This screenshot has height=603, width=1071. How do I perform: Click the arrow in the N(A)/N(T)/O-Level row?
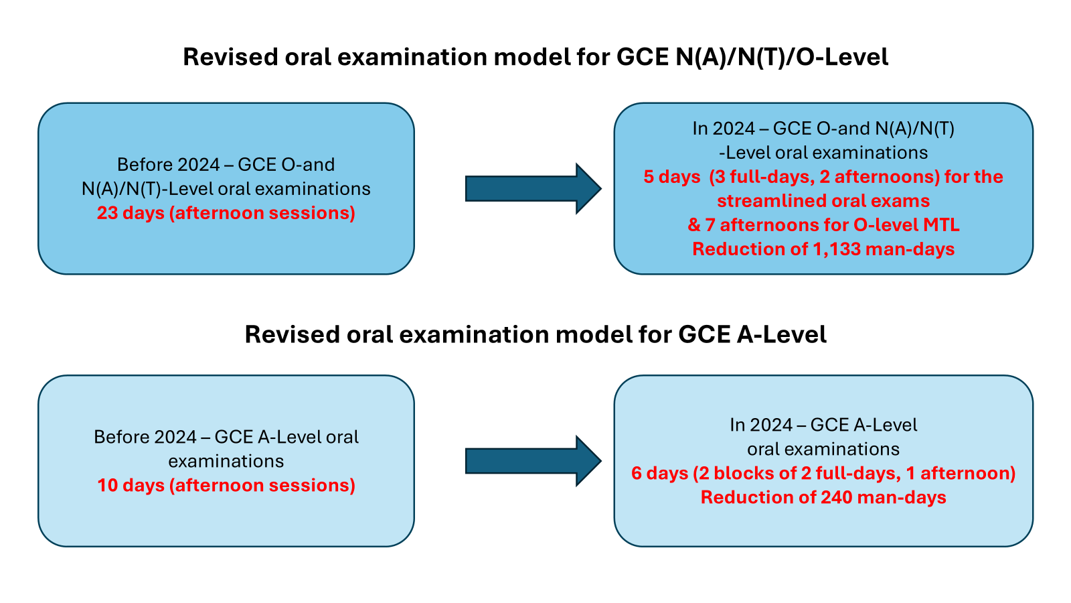tap(533, 188)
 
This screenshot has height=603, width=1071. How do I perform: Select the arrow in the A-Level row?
tap(533, 461)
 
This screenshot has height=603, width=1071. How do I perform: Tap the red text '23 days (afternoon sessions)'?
tap(226, 213)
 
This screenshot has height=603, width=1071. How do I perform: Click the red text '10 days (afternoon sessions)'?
tap(226, 485)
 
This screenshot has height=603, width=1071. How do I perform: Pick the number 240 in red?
tap(837, 497)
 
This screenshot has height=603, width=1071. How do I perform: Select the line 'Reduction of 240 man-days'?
tap(823, 498)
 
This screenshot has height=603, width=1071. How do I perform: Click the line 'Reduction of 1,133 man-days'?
tap(823, 249)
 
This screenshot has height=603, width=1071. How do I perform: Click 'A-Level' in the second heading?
tap(782, 334)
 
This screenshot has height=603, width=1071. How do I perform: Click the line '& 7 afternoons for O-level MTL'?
tap(823, 225)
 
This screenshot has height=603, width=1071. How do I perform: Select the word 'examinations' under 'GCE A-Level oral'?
tap(226, 462)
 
